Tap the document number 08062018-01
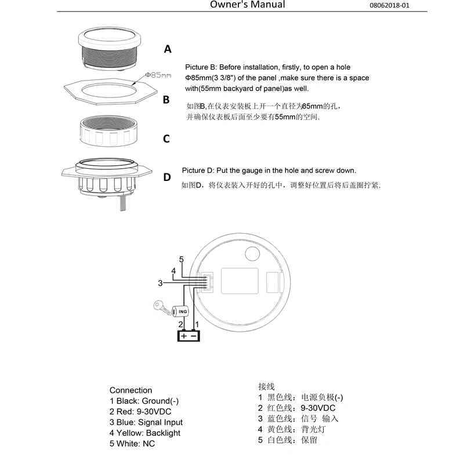pyautogui.click(x=397, y=6)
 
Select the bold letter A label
pyautogui.click(x=168, y=49)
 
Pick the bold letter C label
pyautogui.click(x=166, y=139)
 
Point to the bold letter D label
pyautogui.click(x=167, y=177)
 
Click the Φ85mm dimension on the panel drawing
pyautogui.click(x=158, y=75)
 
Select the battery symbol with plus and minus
pyautogui.click(x=188, y=335)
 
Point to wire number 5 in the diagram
pyautogui.click(x=181, y=259)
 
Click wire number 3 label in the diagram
pyautogui.click(x=160, y=283)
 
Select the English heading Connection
pyautogui.click(x=130, y=390)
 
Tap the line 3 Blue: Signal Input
pyautogui.click(x=146, y=422)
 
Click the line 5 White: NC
pyautogui.click(x=132, y=444)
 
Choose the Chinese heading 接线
pyautogui.click(x=266, y=386)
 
